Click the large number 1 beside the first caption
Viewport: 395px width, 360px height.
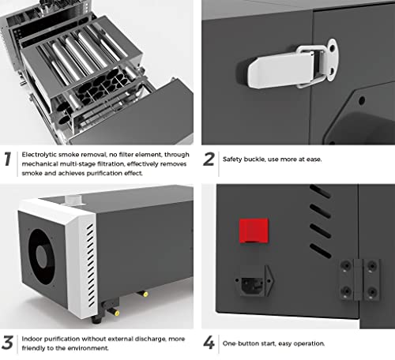pos(8,159)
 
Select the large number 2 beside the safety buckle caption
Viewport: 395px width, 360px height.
pos(209,159)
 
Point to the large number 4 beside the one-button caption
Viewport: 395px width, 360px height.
pos(209,344)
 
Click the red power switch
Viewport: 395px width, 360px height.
pos(254,231)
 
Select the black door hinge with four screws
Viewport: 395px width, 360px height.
pos(356,277)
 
